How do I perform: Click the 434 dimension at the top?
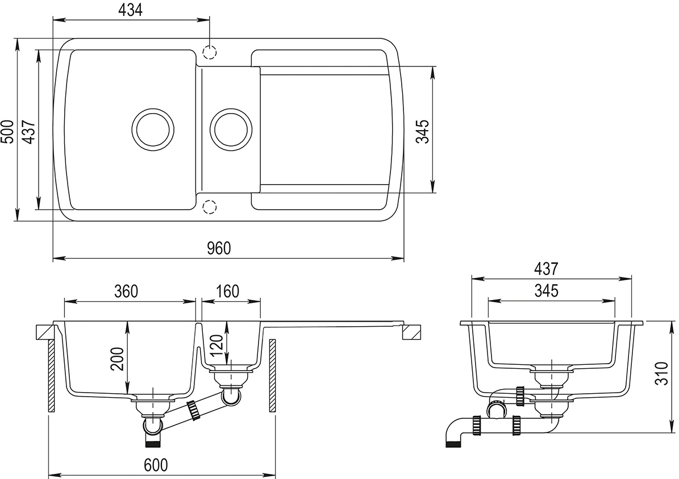131,10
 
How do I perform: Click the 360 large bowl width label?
126,291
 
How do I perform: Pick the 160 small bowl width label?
227,291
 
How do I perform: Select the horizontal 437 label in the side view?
547,268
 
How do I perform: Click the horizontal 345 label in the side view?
547,290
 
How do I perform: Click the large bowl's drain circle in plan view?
152,128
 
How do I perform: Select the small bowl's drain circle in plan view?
231,128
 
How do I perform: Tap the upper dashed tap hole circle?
210,52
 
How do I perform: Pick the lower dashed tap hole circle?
210,206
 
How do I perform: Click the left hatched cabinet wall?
51,376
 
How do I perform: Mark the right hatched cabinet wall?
272,376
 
